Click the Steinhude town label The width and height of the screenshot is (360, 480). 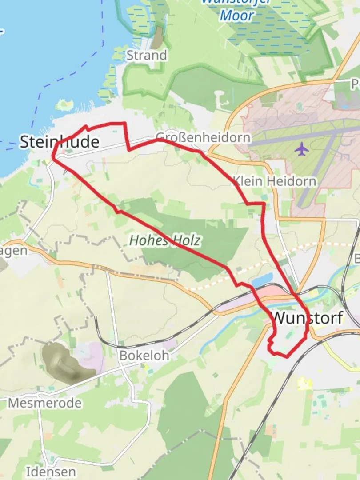[x=59, y=142]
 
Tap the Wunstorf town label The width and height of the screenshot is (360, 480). [x=307, y=318]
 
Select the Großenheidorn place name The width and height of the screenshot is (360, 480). [x=203, y=137]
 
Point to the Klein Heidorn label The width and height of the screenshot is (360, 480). [x=275, y=181]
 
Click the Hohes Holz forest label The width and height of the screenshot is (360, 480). [x=165, y=240]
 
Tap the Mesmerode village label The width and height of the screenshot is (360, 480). [x=45, y=403]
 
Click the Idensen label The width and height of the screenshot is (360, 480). [x=51, y=472]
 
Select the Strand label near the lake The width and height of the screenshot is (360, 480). [x=147, y=56]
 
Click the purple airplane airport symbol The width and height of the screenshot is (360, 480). [x=302, y=149]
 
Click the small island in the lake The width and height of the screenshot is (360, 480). [x=65, y=105]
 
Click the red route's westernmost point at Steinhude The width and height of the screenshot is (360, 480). [x=53, y=156]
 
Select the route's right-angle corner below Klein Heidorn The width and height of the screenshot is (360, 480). [x=264, y=204]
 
